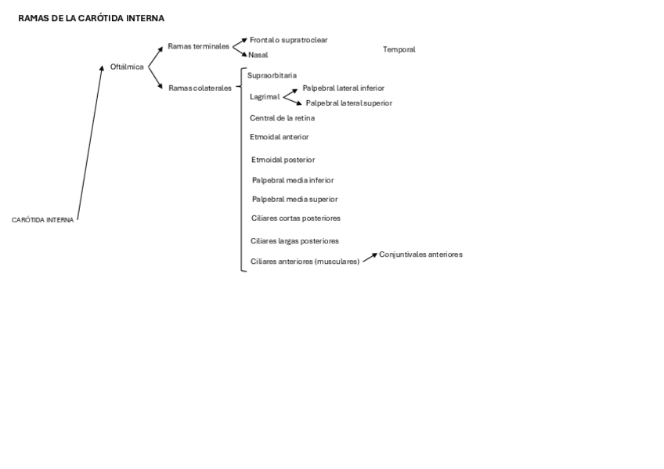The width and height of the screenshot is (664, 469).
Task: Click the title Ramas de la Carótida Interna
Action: pyautogui.click(x=91, y=18)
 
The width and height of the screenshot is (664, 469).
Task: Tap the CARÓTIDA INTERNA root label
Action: pyautogui.click(x=43, y=220)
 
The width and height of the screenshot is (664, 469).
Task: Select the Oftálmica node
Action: pyautogui.click(x=127, y=67)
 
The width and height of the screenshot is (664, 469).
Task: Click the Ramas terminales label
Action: pyautogui.click(x=199, y=46)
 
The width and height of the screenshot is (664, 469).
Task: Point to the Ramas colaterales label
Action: pyautogui.click(x=200, y=88)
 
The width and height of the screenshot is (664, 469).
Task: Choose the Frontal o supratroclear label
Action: pyautogui.click(x=288, y=39)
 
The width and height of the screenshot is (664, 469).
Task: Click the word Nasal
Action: pyautogui.click(x=258, y=55)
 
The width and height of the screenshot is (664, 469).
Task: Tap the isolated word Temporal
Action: pyautogui.click(x=399, y=49)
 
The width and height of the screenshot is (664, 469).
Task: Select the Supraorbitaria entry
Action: pyautogui.click(x=272, y=75)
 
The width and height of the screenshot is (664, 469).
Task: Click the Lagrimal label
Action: pyautogui.click(x=265, y=96)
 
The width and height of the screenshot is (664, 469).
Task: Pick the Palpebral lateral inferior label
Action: pyautogui.click(x=343, y=88)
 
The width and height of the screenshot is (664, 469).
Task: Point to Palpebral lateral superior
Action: pyautogui.click(x=348, y=103)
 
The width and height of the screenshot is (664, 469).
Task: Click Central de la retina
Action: pyautogui.click(x=282, y=117)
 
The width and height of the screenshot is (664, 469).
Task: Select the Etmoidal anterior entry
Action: pyautogui.click(x=279, y=136)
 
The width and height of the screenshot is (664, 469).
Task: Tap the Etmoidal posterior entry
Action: pyautogui.click(x=283, y=160)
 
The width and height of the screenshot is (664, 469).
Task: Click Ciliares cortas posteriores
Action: pyautogui.click(x=296, y=218)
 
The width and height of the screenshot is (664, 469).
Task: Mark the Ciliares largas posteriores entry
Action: pyautogui.click(x=294, y=240)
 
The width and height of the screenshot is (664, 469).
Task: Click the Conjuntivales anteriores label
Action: pyautogui.click(x=420, y=254)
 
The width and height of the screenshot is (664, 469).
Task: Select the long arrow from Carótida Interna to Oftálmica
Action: pyautogui.click(x=89, y=143)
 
